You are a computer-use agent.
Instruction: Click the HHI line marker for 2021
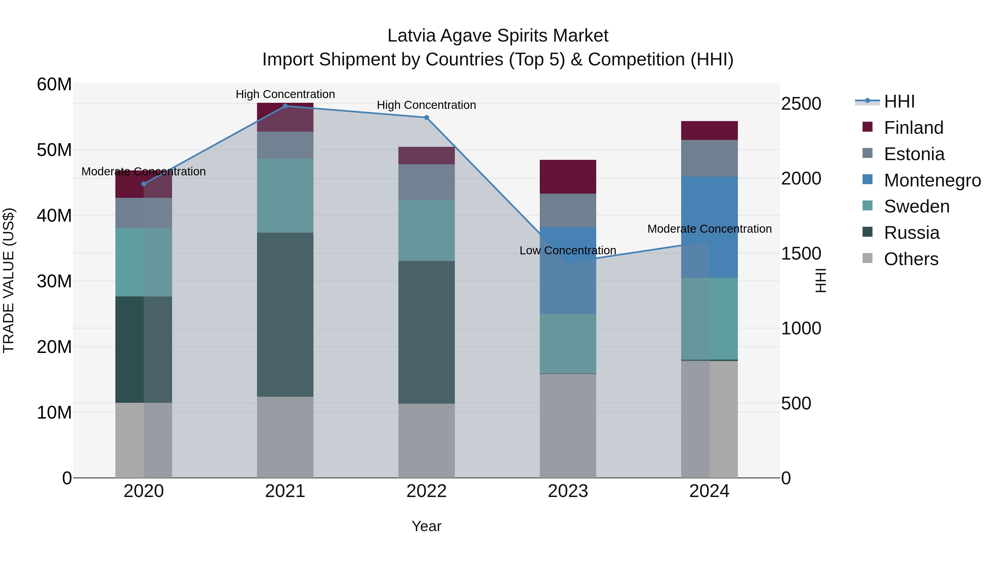tap(285, 106)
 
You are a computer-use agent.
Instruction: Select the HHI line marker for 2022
tap(426, 118)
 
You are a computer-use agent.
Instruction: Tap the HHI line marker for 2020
tap(144, 184)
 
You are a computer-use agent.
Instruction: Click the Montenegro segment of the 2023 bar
tap(568, 270)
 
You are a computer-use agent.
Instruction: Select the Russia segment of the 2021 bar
tap(285, 314)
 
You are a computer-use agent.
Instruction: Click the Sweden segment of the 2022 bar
tap(426, 230)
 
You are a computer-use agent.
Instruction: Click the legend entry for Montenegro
tap(932, 180)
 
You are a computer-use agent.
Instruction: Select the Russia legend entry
tap(911, 233)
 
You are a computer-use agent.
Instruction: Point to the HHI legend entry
tap(899, 101)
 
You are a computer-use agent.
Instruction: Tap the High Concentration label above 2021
tap(285, 94)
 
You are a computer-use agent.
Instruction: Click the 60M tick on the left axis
tap(54, 84)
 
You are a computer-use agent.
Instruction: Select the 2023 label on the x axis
tap(568, 491)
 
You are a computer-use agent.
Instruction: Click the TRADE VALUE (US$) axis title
tap(9, 280)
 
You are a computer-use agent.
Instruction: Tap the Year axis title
tap(426, 526)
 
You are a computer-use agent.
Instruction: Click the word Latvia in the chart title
tap(411, 36)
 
